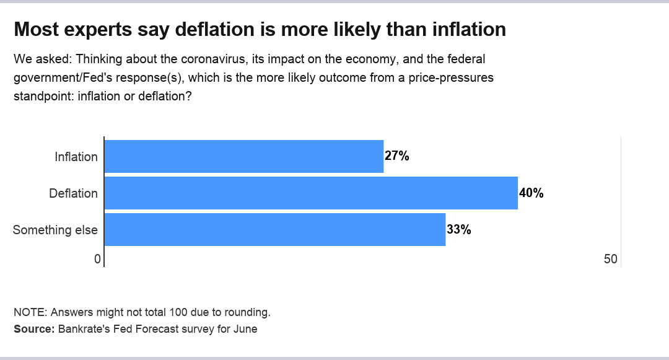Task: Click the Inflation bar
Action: pyautogui.click(x=243, y=156)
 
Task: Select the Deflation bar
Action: pyautogui.click(x=310, y=193)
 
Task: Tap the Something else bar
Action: pyautogui.click(x=274, y=229)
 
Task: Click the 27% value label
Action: pyautogui.click(x=397, y=156)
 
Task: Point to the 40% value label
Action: pyautogui.click(x=531, y=193)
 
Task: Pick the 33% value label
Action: pyautogui.click(x=459, y=230)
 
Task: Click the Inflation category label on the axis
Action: pyautogui.click(x=76, y=157)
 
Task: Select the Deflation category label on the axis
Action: pyautogui.click(x=73, y=193)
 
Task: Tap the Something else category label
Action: pyautogui.click(x=55, y=230)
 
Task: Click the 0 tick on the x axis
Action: pyautogui.click(x=97, y=260)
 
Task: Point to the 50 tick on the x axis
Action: pyautogui.click(x=611, y=260)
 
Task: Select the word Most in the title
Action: pyautogui.click(x=34, y=30)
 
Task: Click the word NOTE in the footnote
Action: pyautogui.click(x=29, y=312)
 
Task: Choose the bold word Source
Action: pyautogui.click(x=34, y=329)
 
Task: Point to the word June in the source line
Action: pyautogui.click(x=245, y=329)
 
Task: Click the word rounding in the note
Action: pyautogui.click(x=248, y=312)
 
